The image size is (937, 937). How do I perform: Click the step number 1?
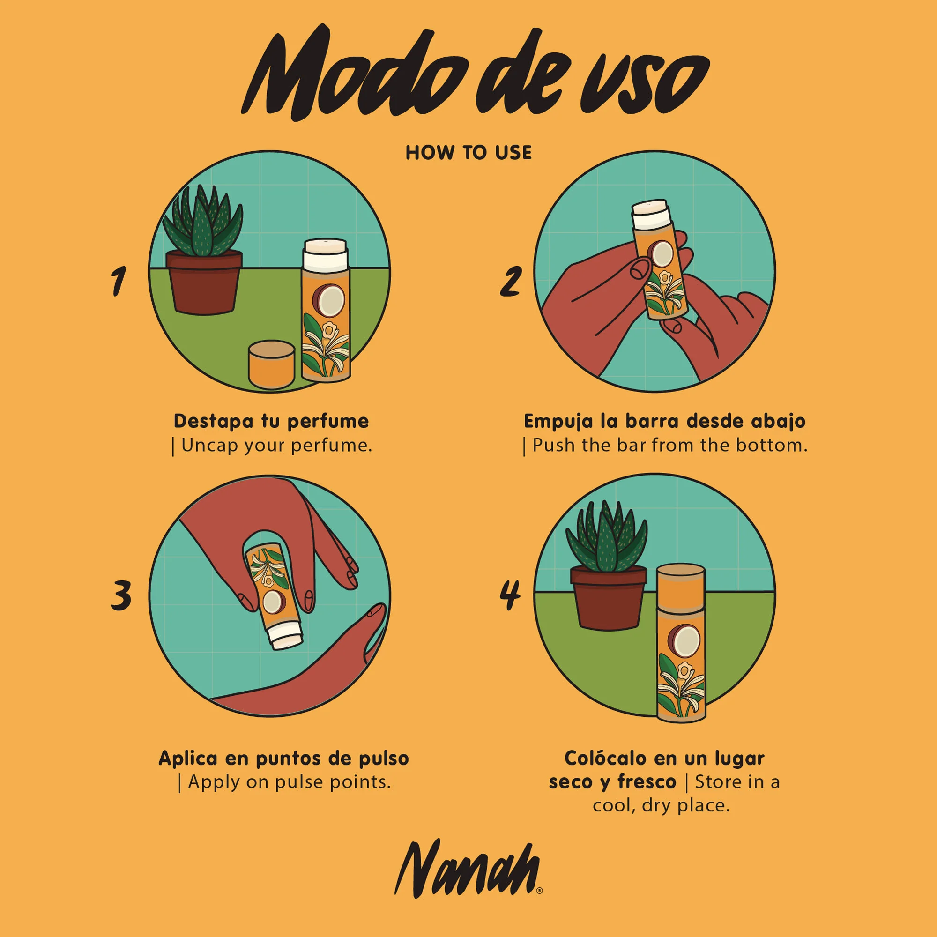(x=118, y=281)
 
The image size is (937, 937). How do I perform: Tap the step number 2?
(x=511, y=281)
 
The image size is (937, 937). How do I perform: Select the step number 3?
(x=121, y=595)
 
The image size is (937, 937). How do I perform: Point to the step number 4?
(x=510, y=595)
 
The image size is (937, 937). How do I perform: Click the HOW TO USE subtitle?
(x=468, y=153)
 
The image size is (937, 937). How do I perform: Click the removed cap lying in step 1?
(x=271, y=364)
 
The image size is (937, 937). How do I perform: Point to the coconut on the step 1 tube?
(x=330, y=299)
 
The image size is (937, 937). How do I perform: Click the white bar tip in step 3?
(x=286, y=636)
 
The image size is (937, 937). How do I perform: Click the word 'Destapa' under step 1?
(x=213, y=421)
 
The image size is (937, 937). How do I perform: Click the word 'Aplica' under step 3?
(x=188, y=758)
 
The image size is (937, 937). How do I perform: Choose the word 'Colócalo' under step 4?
(x=605, y=758)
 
